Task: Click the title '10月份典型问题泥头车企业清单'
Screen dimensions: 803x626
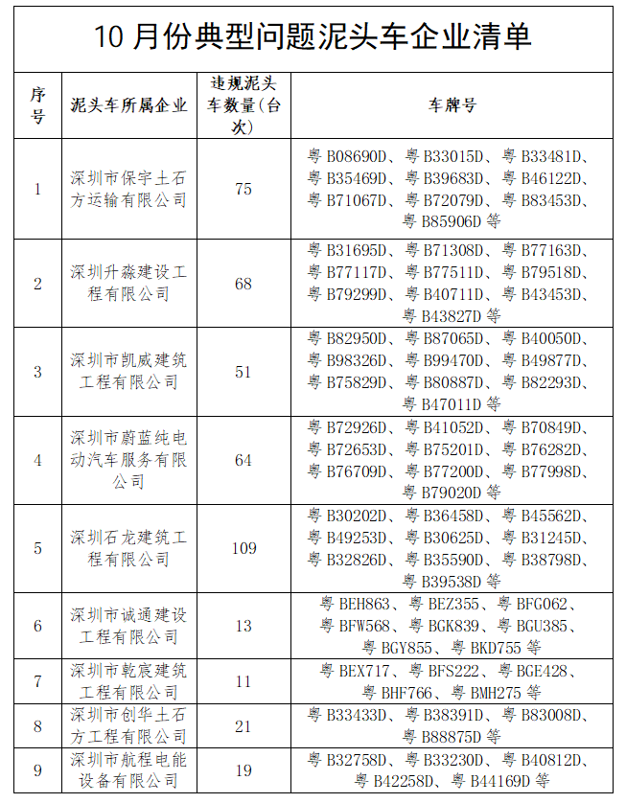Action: click(313, 36)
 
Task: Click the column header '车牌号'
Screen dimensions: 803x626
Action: click(452, 105)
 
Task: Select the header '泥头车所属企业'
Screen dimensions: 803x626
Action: click(128, 105)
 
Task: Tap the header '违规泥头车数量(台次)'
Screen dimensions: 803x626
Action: click(243, 104)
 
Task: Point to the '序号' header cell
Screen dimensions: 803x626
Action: click(38, 105)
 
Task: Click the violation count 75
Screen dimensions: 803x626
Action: click(243, 189)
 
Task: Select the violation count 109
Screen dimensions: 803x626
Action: click(243, 548)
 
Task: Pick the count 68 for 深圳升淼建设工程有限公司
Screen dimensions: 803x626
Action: click(243, 283)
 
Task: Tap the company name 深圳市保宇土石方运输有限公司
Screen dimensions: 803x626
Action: click(128, 189)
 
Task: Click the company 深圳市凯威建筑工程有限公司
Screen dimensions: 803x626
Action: click(128, 371)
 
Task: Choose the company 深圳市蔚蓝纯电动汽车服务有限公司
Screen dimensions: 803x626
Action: click(128, 460)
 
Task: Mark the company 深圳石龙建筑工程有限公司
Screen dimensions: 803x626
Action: click(128, 548)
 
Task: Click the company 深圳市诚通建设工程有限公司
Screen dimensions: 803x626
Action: click(128, 626)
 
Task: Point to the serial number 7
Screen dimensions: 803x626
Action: click(38, 681)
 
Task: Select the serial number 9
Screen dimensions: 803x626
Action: click(38, 770)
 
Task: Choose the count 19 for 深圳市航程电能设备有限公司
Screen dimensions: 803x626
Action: click(243, 770)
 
